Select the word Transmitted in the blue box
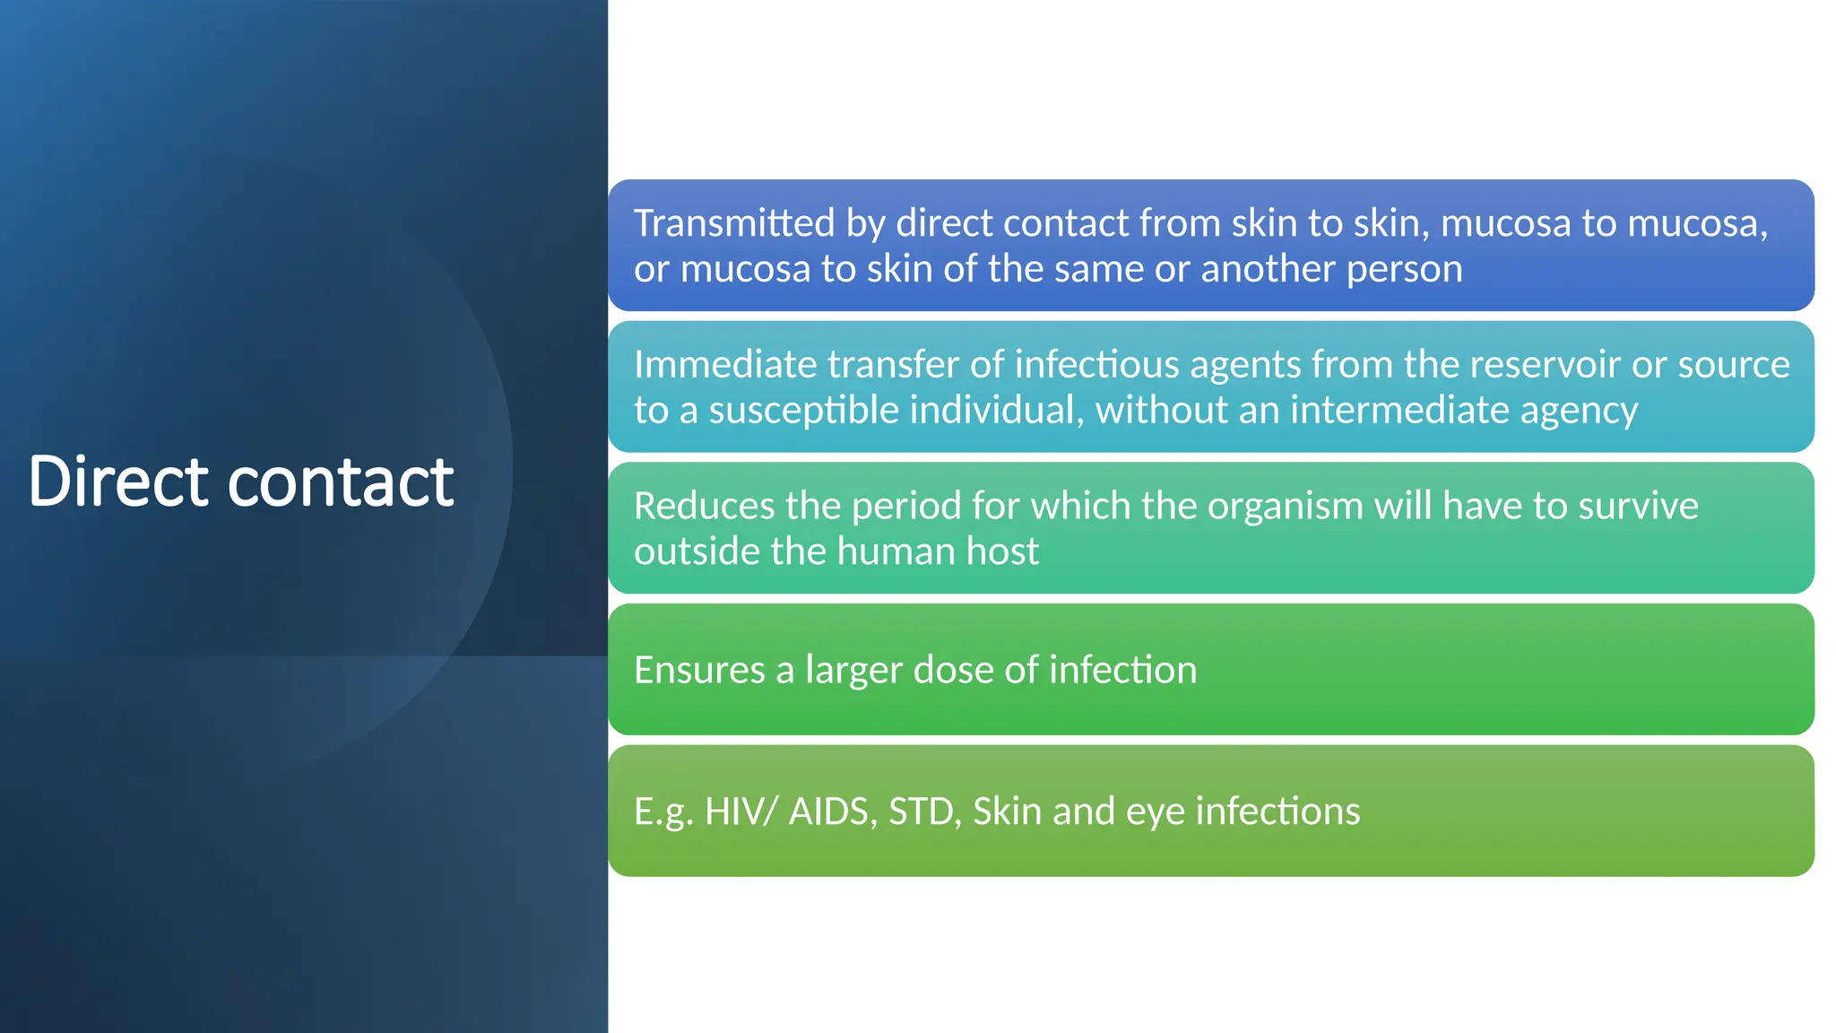(x=734, y=223)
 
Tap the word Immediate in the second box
(x=725, y=365)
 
